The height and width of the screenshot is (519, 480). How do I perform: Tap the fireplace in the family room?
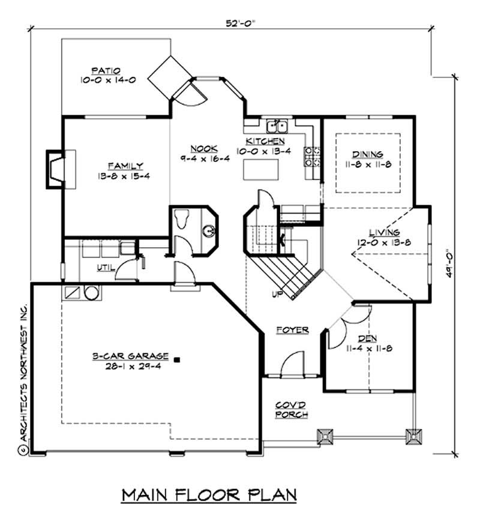coord(56,166)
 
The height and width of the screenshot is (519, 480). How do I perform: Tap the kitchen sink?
coord(277,126)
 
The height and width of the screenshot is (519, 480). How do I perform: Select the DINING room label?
coord(368,154)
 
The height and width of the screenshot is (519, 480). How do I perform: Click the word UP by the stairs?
coord(277,295)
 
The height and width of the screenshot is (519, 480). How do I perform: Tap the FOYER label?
coord(292,330)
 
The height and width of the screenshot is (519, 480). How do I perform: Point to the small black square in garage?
coord(178,359)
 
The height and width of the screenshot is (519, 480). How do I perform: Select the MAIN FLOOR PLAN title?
coord(210,495)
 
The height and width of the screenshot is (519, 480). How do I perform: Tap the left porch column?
coord(325,437)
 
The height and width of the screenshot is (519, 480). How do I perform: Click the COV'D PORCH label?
coord(292,409)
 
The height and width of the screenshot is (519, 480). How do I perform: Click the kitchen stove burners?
coord(311,157)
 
